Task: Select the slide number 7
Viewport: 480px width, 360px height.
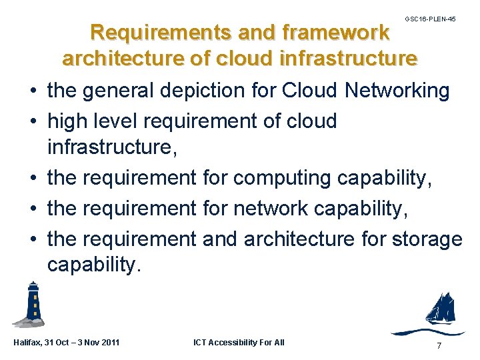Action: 438,345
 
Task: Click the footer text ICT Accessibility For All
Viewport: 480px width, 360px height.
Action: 239,343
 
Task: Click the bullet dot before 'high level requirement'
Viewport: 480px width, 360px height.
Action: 33,122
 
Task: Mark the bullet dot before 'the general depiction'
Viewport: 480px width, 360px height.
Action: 33,91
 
